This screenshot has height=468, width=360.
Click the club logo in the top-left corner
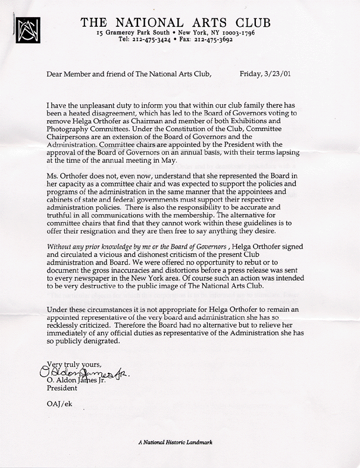click(x=27, y=29)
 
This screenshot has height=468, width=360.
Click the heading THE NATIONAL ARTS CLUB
click(x=176, y=23)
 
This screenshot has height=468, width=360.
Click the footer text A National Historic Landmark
click(x=175, y=442)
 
